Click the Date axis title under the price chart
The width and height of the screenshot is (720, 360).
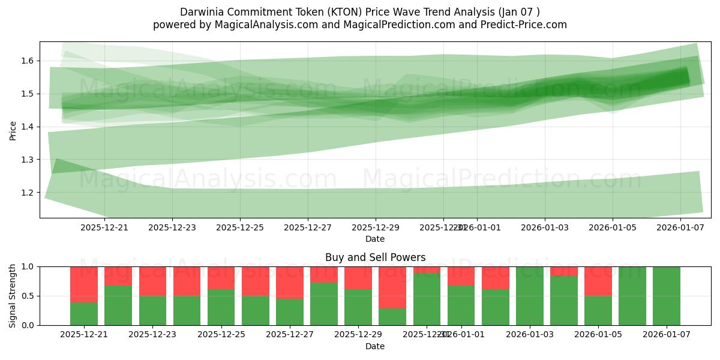click(375, 239)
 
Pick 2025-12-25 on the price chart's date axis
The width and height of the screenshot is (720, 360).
click(240, 227)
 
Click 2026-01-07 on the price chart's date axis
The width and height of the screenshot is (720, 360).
click(680, 227)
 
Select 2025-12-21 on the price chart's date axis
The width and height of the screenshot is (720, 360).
click(104, 227)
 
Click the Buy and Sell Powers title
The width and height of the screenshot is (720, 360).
click(375, 257)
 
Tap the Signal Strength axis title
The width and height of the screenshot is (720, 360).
click(13, 295)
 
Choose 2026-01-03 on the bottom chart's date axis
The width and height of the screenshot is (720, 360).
click(530, 335)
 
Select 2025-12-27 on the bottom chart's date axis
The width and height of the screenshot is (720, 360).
click(290, 335)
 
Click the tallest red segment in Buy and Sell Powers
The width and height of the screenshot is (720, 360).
click(392, 287)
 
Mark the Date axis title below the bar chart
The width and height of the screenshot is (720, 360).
click(375, 346)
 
